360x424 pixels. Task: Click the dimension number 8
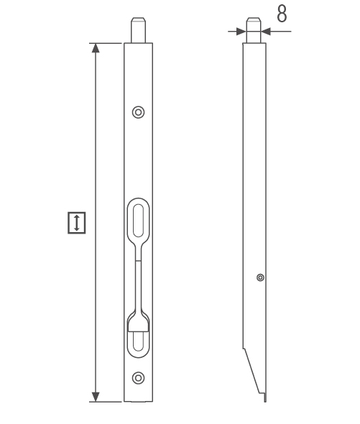pos(282,14)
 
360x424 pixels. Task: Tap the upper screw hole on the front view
pos(139,111)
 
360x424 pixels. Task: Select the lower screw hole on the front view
pos(139,377)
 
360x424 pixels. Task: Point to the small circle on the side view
pos(260,277)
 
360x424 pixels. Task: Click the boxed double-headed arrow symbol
pos(77,222)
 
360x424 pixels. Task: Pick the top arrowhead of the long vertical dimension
pos(96,48)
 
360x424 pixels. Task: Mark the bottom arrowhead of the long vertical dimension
pos(96,396)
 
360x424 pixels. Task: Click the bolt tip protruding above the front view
pos(139,30)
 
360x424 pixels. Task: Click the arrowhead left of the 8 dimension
pos(241,32)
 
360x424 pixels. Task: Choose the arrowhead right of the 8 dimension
pos(264,32)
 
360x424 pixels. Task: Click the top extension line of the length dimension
pos(108,43)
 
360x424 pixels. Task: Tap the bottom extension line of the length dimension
pos(108,402)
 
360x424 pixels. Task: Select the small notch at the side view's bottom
pos(264,397)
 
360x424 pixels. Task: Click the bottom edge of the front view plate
pos(139,402)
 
